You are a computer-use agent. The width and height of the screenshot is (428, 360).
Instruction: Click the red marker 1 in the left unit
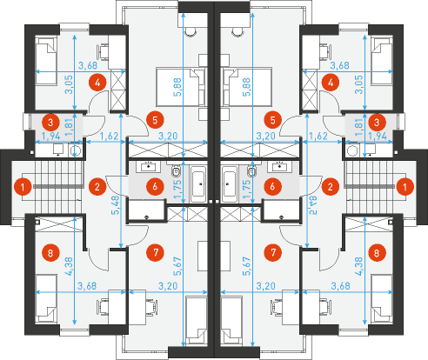(23, 187)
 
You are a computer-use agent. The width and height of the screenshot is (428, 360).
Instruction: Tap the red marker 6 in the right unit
(272, 187)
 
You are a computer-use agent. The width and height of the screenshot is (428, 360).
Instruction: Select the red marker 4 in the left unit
(97, 83)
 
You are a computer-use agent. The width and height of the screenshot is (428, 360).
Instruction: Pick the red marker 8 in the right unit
(377, 253)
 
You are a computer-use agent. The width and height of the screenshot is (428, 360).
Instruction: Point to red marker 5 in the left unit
(155, 120)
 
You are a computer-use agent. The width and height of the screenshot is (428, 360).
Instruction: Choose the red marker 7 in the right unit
(273, 252)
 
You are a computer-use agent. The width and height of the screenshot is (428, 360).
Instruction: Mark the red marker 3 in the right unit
(377, 123)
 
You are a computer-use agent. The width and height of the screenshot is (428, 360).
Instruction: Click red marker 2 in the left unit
(97, 187)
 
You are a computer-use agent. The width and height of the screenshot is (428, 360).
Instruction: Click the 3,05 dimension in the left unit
(70, 84)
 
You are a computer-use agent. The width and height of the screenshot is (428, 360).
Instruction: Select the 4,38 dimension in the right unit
(358, 266)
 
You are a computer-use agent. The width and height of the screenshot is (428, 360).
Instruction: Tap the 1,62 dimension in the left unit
(109, 136)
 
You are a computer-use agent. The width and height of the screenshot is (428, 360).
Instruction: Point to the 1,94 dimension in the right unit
(377, 136)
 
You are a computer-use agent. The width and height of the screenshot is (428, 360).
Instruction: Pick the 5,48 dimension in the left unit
(116, 205)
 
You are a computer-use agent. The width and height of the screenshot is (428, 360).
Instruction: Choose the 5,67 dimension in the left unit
(177, 266)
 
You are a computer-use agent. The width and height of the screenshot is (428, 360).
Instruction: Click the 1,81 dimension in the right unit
(358, 123)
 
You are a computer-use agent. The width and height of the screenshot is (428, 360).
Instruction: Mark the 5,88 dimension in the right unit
(247, 87)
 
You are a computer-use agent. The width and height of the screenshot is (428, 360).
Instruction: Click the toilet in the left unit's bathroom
(176, 171)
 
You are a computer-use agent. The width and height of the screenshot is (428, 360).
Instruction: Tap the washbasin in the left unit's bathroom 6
(150, 167)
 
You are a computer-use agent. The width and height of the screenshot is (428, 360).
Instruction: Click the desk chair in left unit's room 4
(103, 51)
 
